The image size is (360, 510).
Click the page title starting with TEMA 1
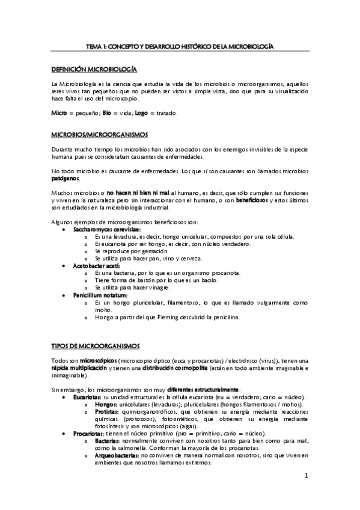(180, 46)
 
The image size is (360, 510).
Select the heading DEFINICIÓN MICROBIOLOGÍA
(94, 70)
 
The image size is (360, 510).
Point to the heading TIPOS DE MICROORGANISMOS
(96, 346)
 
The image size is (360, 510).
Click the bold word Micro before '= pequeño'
(59, 113)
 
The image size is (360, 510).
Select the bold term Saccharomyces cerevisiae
(107, 230)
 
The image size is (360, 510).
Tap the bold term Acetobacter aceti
(97, 265)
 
